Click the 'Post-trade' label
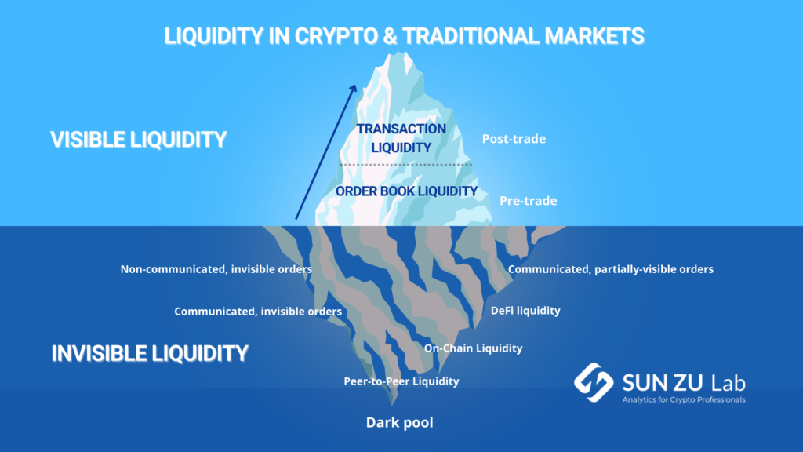click(514, 139)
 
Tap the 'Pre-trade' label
click(528, 201)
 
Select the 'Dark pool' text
click(399, 423)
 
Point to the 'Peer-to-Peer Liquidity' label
click(401, 381)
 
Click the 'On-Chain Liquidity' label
click(473, 348)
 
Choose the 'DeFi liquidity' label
click(525, 311)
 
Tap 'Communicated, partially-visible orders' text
click(610, 270)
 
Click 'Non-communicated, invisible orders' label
click(216, 270)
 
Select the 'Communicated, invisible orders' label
click(257, 312)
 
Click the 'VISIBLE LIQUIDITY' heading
click(138, 140)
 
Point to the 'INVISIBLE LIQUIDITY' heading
click(150, 354)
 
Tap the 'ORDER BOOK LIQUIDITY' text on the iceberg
click(406, 191)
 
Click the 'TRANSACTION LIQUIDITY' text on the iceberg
click(401, 138)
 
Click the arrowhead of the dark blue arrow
click(354, 88)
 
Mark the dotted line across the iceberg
click(405, 165)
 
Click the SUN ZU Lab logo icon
click(594, 382)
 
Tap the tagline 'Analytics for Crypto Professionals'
click(684, 399)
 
